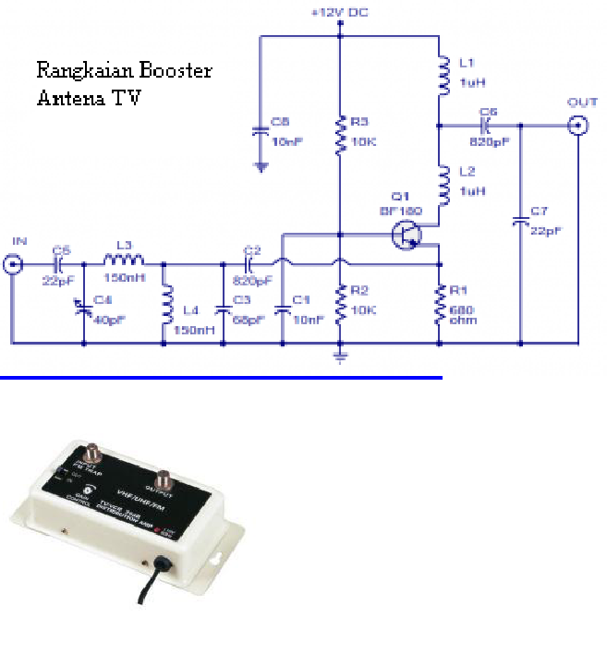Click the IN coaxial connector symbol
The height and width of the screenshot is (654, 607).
point(13,266)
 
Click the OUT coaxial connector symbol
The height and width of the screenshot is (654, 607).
point(578,126)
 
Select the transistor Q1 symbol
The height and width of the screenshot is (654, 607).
point(407,236)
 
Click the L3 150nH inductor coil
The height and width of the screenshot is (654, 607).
point(125,264)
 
